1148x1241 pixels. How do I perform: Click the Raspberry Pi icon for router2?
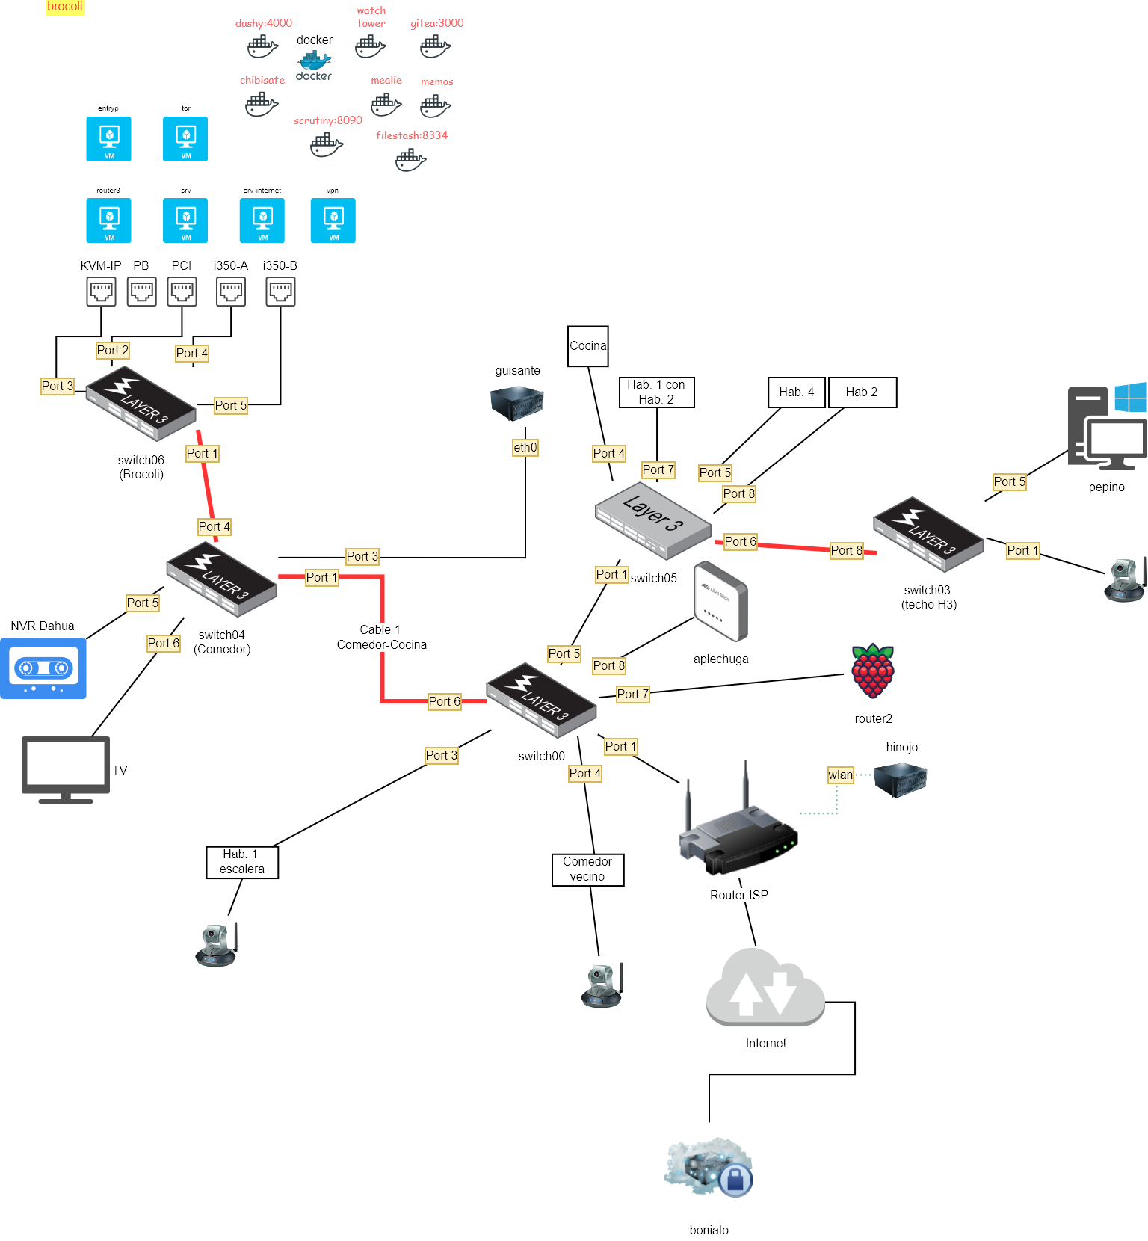point(872,671)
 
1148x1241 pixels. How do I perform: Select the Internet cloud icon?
point(765,987)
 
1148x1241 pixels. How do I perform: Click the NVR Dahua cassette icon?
point(43,668)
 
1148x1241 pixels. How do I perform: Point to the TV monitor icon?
point(66,769)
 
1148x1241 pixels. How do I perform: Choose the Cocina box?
point(588,346)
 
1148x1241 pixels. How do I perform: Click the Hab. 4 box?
point(797,392)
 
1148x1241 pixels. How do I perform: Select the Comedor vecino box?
point(588,869)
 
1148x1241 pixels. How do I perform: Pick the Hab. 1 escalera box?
point(242,862)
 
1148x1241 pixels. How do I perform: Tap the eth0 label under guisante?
point(525,447)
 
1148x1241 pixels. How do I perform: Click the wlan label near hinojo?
point(841,775)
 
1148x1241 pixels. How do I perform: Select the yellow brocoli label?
point(65,7)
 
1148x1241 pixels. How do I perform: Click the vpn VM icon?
point(333,221)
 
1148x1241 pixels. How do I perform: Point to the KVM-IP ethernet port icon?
point(102,292)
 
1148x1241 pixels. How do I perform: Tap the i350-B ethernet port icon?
point(280,292)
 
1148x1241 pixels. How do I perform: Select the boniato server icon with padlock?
point(709,1168)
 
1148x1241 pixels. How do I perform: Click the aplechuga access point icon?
point(720,601)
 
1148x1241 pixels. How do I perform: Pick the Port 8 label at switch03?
point(847,550)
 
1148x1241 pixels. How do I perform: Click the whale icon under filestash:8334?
point(410,160)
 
